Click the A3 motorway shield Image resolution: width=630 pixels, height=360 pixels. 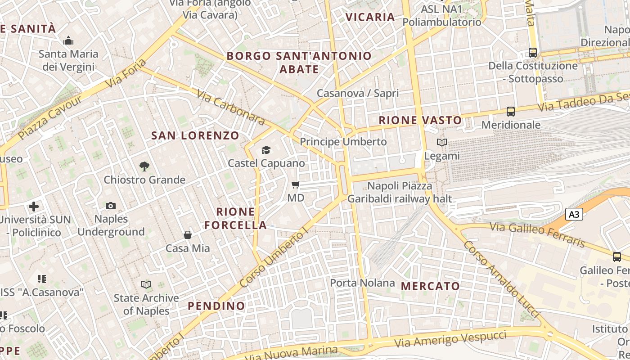pyautogui.click(x=574, y=214)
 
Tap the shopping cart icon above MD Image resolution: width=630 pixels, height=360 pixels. pyautogui.click(x=296, y=184)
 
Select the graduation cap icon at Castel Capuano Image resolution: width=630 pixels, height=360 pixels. pyautogui.click(x=266, y=150)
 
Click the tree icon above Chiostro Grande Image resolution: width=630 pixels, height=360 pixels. pyautogui.click(x=144, y=166)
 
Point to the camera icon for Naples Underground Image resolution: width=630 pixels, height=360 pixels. pyautogui.click(x=111, y=206)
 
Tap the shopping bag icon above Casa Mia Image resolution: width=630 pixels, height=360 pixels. pyautogui.click(x=188, y=235)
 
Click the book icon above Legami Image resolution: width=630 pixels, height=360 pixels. pyautogui.click(x=442, y=143)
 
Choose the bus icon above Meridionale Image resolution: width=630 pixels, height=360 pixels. pyautogui.click(x=510, y=111)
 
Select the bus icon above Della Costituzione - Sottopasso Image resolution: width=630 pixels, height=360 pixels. pyautogui.click(x=533, y=52)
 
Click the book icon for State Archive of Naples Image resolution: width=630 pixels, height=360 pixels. pyautogui.click(x=146, y=284)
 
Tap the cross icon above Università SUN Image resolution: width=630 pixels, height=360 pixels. pyautogui.click(x=34, y=207)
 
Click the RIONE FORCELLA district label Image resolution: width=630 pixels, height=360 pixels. pyautogui.click(x=236, y=218)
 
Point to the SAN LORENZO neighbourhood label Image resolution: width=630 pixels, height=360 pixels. pyautogui.click(x=195, y=135)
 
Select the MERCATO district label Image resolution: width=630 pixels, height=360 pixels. pyautogui.click(x=430, y=286)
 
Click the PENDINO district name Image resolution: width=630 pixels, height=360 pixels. pyautogui.click(x=216, y=306)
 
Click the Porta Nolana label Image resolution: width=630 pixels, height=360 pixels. pyautogui.click(x=362, y=283)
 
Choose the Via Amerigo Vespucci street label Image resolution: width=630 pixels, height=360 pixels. pyautogui.click(x=450, y=339)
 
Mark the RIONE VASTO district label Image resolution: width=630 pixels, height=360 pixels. pyautogui.click(x=420, y=120)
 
